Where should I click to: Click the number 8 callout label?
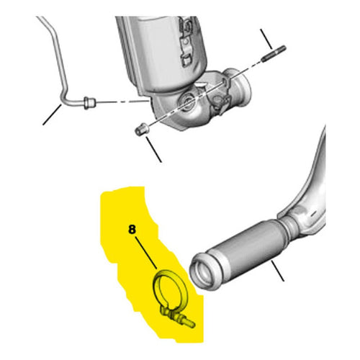pyautogui.click(x=132, y=230)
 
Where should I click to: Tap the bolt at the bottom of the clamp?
pyautogui.click(x=182, y=320)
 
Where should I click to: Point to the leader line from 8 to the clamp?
pyautogui.click(x=146, y=253)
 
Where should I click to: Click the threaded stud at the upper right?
pyautogui.click(x=274, y=53)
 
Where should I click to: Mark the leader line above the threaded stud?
pyautogui.click(x=266, y=39)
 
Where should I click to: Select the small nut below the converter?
pyautogui.click(x=141, y=129)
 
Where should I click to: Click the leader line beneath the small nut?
pyautogui.click(x=153, y=149)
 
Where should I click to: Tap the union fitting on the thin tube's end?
pyautogui.click(x=89, y=103)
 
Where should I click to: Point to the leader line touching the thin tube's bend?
pyautogui.click(x=52, y=114)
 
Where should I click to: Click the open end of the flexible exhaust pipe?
pyautogui.click(x=201, y=271)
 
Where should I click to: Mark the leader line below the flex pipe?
pyautogui.click(x=278, y=271)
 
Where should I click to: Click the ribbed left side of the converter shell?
pyautogui.click(x=127, y=53)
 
